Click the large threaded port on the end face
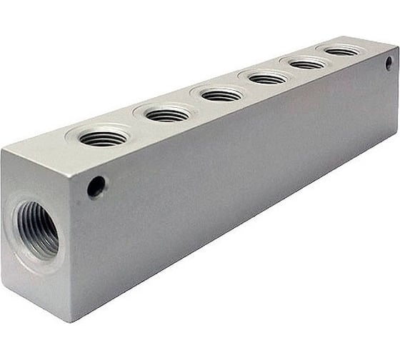[36, 230]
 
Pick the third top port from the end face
[221, 94]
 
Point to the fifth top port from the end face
[308, 64]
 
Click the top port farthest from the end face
[341, 51]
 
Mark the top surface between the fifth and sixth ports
[325, 58]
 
